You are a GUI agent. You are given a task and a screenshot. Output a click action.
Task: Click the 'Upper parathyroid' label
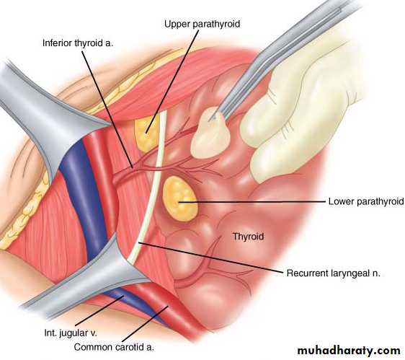(x=202, y=24)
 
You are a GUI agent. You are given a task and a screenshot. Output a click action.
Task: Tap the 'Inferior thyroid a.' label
(x=78, y=43)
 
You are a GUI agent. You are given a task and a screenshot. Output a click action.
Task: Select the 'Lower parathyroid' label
(x=366, y=201)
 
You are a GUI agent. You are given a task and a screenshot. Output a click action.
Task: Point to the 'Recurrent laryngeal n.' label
(x=333, y=273)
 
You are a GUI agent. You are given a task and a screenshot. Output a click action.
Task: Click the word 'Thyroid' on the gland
(x=248, y=237)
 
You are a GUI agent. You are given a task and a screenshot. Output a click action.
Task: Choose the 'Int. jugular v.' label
(x=71, y=333)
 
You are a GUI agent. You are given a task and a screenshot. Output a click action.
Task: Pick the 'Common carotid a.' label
(x=114, y=347)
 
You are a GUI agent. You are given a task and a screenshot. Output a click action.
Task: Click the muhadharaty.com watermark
(x=349, y=351)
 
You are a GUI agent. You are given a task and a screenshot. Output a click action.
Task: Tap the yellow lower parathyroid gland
(x=180, y=198)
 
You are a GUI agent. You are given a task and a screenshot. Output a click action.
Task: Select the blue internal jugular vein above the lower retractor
(x=82, y=196)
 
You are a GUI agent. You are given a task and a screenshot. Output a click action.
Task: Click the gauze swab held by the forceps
(x=210, y=133)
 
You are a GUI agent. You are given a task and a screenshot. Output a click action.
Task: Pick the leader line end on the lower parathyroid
(x=179, y=202)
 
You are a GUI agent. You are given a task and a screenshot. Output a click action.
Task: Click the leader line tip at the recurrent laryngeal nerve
(x=140, y=242)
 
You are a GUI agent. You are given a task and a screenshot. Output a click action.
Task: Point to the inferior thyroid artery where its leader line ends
(x=133, y=168)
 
